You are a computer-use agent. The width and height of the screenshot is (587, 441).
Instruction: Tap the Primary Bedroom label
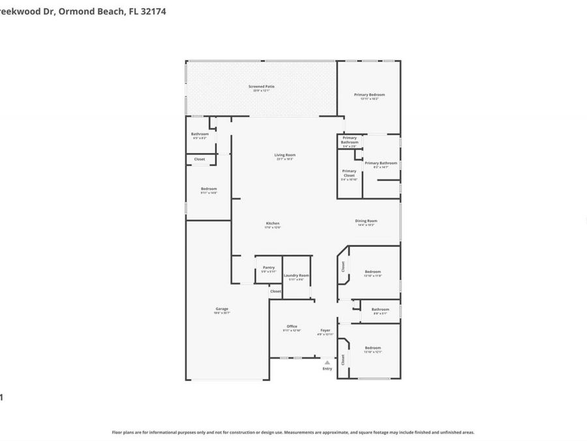coord(369,95)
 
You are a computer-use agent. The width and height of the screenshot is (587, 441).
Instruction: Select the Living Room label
coord(285,155)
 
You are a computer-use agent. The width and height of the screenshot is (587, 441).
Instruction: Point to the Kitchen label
coord(273,223)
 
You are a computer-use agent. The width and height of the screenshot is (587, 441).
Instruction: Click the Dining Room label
coord(366,221)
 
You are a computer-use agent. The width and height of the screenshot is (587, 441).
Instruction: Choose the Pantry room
coord(269,269)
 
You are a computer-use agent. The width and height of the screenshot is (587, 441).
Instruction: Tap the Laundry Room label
coord(297,276)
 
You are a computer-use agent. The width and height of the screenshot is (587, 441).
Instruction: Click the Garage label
coord(222,309)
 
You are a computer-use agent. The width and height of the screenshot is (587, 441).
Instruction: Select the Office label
coord(292,327)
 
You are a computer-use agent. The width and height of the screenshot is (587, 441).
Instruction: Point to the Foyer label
coord(325,331)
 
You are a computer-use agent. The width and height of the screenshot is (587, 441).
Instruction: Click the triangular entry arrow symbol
coord(327,362)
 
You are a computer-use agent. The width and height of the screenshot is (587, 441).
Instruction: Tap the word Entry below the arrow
coord(327,369)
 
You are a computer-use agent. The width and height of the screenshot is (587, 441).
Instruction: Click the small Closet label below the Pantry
coord(276,291)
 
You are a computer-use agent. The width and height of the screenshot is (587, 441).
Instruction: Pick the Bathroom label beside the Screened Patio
coord(200,134)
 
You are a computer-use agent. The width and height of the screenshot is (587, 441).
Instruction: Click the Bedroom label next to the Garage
coord(209,189)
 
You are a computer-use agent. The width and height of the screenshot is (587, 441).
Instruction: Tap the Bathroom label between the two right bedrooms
coord(380,310)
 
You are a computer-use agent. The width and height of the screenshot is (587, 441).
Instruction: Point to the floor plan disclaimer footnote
coord(293,432)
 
